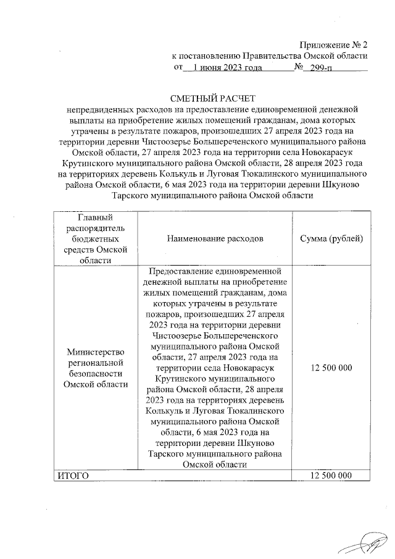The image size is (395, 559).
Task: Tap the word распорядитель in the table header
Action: click(91, 227)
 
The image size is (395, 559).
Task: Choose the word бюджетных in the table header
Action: click(91, 238)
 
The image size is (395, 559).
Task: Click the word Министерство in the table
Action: click(91, 351)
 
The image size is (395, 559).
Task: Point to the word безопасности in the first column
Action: click(91, 373)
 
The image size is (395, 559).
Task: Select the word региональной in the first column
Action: click(91, 363)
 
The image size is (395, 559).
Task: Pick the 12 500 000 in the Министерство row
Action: click(331, 368)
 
